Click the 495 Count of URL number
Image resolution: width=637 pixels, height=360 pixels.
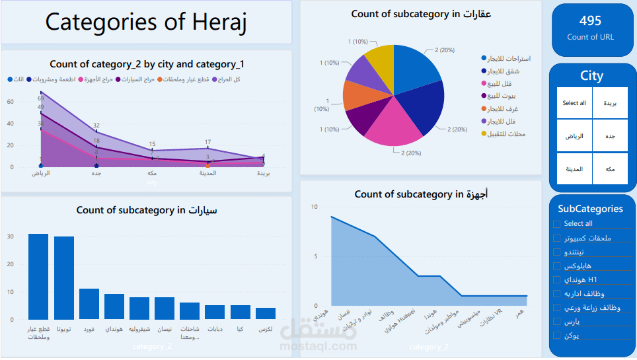click(x=590, y=21)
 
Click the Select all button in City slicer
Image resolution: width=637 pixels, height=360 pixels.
click(x=574, y=103)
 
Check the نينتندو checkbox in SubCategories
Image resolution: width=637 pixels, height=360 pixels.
click(x=557, y=252)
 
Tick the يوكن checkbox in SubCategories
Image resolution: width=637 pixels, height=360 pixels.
click(x=557, y=336)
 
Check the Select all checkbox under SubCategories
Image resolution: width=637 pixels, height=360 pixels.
click(x=557, y=224)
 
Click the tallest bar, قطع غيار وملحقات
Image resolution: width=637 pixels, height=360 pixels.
click(x=38, y=277)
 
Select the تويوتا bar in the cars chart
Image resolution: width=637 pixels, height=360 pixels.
click(x=64, y=278)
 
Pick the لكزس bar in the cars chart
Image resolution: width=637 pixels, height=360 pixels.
click(x=266, y=313)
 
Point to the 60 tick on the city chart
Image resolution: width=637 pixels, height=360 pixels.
click(x=11, y=102)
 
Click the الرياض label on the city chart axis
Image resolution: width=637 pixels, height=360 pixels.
click(x=41, y=174)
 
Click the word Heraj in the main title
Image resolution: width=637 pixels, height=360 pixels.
click(x=210, y=22)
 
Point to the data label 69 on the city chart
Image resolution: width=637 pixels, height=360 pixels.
click(x=40, y=98)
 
